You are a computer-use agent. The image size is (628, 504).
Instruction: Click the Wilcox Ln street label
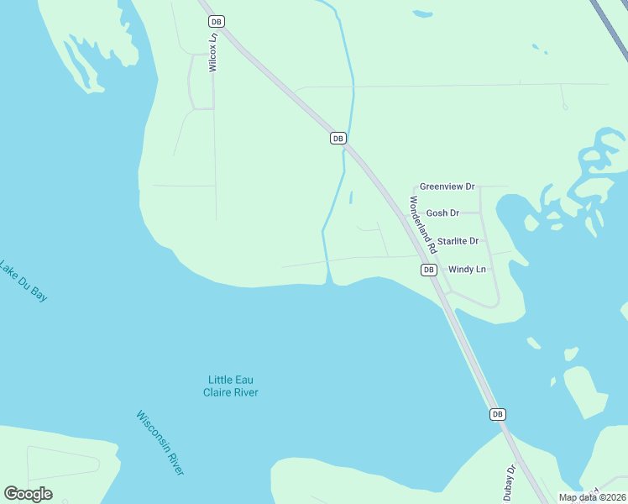pos(213,53)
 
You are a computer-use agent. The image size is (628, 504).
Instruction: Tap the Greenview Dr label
pos(447,186)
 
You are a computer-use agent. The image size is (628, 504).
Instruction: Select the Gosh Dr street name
pos(442,213)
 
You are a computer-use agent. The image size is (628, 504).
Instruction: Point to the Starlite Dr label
pos(458,241)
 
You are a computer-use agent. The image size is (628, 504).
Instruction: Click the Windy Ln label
pos(467,270)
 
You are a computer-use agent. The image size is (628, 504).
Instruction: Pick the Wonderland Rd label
pos(422,225)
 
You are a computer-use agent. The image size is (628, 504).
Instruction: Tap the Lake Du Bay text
pos(23,280)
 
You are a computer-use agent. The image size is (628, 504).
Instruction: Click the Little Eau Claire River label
pos(231,386)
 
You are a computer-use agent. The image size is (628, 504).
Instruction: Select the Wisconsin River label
pos(160,444)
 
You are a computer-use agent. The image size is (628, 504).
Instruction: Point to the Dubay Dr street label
pos(510,480)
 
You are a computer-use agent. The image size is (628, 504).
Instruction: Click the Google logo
pos(28,494)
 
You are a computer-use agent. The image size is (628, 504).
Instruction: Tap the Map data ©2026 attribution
pos(592,497)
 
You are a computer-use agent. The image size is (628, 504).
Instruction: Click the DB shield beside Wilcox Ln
pos(217,22)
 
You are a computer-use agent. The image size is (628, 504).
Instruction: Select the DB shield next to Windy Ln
pos(428,270)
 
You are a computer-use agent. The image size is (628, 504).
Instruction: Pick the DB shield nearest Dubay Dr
pos(497,414)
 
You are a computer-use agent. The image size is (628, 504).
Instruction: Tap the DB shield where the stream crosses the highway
pos(338,138)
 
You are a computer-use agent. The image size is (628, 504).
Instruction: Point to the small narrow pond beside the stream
pos(350,198)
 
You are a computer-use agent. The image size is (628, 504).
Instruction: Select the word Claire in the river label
pos(219,392)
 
